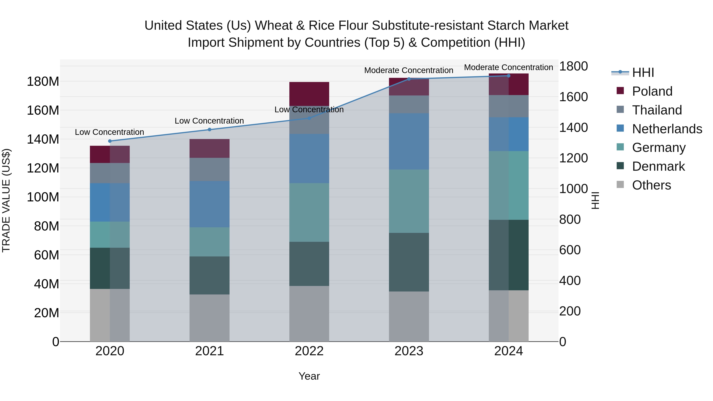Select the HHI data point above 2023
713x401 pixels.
click(409, 79)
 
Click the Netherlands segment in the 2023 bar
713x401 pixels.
click(409, 141)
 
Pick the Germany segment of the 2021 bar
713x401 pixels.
click(210, 242)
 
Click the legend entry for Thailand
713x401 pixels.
click(657, 110)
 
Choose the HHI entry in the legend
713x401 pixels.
click(643, 72)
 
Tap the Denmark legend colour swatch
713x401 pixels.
click(620, 166)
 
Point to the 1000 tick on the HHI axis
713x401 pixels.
click(573, 189)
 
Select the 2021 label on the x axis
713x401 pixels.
click(210, 351)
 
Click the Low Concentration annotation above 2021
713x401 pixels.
click(209, 121)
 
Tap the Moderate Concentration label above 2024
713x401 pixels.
click(508, 67)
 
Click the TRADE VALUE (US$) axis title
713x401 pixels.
click(6, 200)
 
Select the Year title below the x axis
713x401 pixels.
click(309, 376)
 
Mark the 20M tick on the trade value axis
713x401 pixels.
click(47, 313)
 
